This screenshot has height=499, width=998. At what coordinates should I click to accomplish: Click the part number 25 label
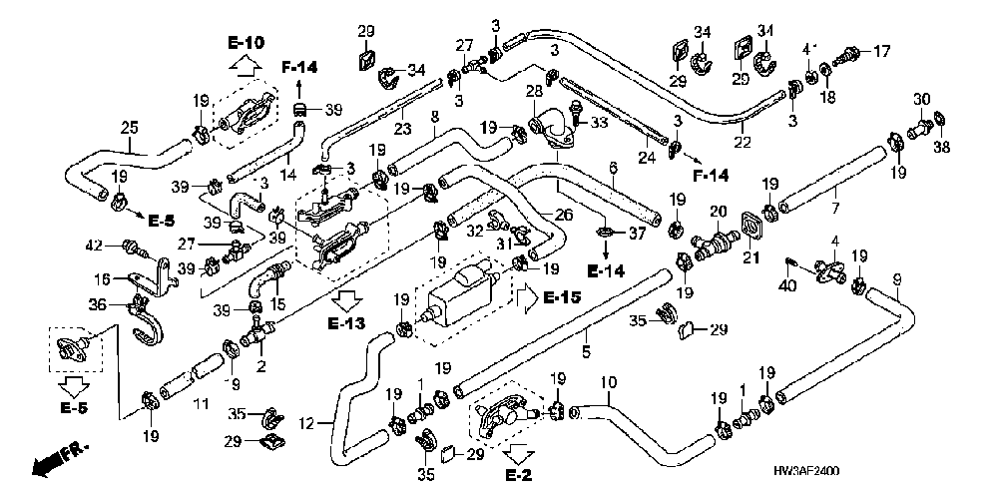click(x=130, y=129)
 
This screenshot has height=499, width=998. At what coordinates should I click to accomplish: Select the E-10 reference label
click(x=246, y=43)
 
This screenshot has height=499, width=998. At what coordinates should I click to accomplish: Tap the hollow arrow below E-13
click(x=346, y=299)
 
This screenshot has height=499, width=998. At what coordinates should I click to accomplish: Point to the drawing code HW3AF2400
click(x=805, y=471)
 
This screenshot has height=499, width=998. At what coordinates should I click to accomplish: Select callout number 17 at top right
click(x=882, y=51)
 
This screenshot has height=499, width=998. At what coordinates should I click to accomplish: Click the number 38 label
click(x=941, y=147)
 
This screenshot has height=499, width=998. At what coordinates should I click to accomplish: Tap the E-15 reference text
click(x=563, y=298)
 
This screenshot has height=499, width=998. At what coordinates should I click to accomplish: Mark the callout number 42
click(x=95, y=245)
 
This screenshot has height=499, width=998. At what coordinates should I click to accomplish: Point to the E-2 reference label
click(x=519, y=475)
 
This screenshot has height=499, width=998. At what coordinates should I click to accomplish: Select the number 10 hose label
click(x=609, y=383)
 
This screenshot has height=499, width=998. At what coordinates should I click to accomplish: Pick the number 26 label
click(x=563, y=216)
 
